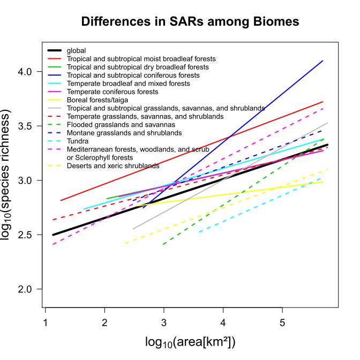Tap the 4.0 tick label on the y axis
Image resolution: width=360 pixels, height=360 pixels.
pyautogui.click(x=25, y=71)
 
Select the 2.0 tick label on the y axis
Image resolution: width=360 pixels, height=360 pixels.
pyautogui.click(x=25, y=289)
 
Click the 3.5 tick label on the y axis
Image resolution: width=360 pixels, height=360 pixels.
pyautogui.click(x=25, y=126)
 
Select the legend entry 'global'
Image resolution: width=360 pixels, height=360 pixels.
pyautogui.click(x=76, y=51)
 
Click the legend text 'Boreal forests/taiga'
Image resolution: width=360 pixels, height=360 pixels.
pyautogui.click(x=97, y=100)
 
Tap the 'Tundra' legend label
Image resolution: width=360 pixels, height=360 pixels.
pyautogui.click(x=78, y=140)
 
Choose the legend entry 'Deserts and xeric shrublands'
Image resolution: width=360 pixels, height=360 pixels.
pyautogui.click(x=112, y=166)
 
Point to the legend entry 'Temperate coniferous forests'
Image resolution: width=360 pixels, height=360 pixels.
pyautogui.click(x=109, y=92)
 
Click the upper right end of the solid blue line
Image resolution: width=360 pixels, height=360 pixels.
pyautogui.click(x=322, y=61)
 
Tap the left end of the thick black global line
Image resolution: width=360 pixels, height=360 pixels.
pyautogui.click(x=52, y=235)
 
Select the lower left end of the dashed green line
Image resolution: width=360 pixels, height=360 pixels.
pyautogui.click(x=163, y=244)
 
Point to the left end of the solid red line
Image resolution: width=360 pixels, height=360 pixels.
pyautogui.click(x=61, y=200)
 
